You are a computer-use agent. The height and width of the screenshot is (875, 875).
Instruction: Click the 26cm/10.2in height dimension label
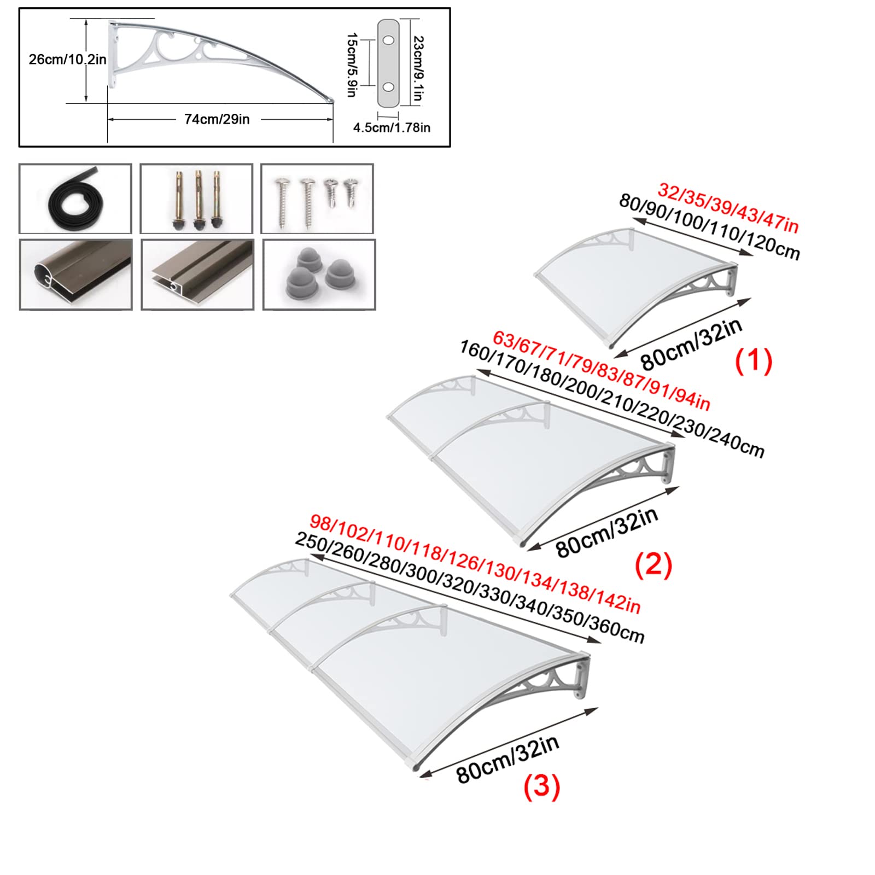pyautogui.click(x=67, y=59)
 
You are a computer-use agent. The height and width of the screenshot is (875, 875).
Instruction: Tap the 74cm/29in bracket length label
pyautogui.click(x=217, y=119)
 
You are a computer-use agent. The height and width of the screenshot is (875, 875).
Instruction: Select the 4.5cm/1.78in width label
pyautogui.click(x=392, y=127)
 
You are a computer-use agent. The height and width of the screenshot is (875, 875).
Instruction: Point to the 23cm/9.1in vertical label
pyautogui.click(x=418, y=68)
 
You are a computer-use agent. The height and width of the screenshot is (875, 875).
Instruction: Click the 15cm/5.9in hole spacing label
pyautogui.click(x=352, y=65)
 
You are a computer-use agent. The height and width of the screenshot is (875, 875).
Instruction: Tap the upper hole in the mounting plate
pyautogui.click(x=388, y=40)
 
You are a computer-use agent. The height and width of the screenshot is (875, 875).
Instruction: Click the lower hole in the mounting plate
pyautogui.click(x=388, y=87)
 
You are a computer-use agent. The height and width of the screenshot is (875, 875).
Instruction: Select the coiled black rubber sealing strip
pyautogui.click(x=74, y=198)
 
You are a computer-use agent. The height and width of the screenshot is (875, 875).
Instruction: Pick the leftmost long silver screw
pyautogui.click(x=283, y=202)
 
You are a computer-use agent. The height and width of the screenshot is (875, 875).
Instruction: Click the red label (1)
pyautogui.click(x=753, y=361)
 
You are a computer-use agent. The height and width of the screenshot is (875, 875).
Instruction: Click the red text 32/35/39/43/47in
pyautogui.click(x=728, y=208)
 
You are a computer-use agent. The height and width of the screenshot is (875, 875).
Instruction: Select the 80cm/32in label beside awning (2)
pyautogui.click(x=607, y=532)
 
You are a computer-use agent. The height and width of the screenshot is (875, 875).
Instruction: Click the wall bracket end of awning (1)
pyautogui.click(x=732, y=280)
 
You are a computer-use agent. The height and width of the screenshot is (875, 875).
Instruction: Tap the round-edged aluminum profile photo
pyautogui.click(x=76, y=275)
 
